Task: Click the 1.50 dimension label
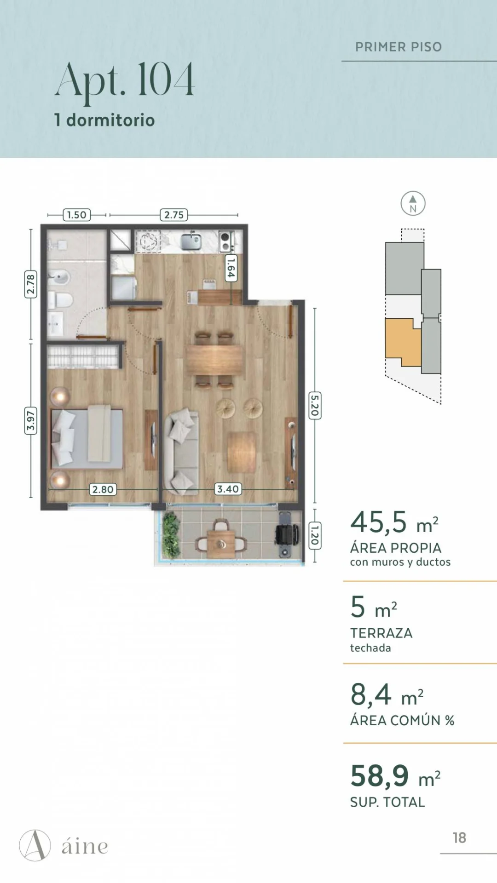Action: click(77, 215)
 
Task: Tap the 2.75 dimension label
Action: click(174, 215)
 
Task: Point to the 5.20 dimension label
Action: click(315, 406)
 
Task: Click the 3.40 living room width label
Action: click(228, 489)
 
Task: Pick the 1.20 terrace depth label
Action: click(315, 535)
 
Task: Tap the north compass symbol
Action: click(413, 203)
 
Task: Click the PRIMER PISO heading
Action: click(399, 47)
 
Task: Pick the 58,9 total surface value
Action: click(380, 776)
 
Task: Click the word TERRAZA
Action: click(381, 633)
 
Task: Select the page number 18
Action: click(459, 838)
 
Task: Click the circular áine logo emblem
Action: click(35, 845)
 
